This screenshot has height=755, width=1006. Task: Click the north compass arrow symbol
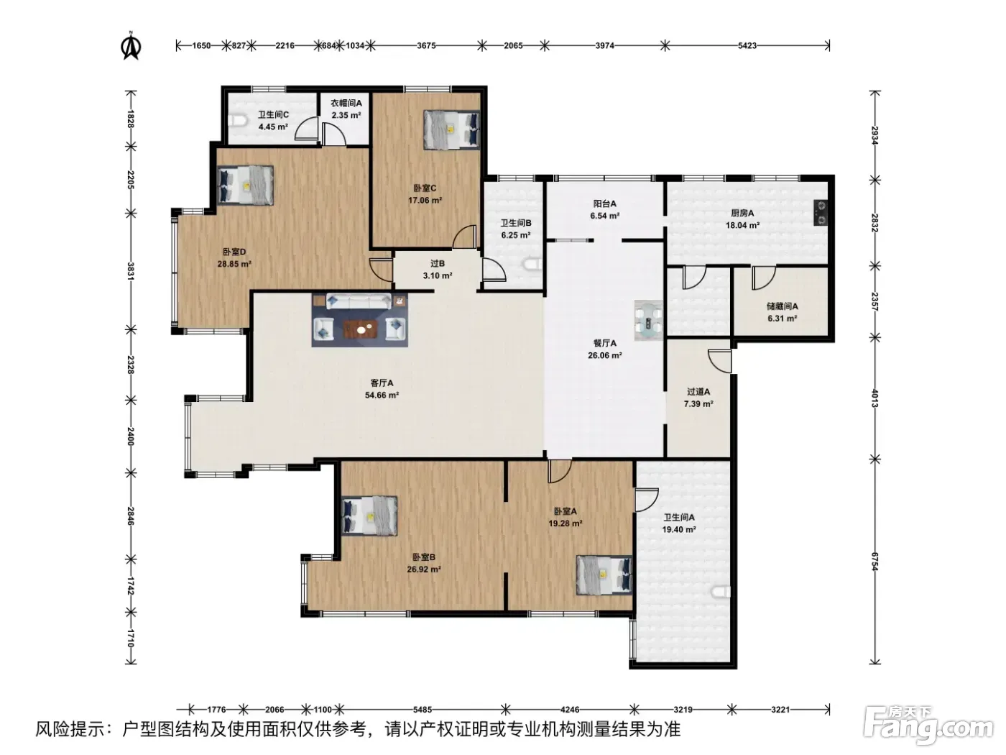click(131, 46)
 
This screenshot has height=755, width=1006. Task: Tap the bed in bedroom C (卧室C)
click(451, 129)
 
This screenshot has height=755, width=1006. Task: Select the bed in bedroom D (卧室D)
click(245, 186)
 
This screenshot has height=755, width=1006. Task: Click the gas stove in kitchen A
click(820, 213)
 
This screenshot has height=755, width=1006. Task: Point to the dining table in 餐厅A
click(649, 321)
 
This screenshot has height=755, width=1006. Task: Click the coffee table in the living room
click(361, 329)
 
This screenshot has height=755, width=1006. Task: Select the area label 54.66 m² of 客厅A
click(382, 395)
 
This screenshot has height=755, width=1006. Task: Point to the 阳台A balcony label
click(605, 203)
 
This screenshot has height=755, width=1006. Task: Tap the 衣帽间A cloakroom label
click(346, 103)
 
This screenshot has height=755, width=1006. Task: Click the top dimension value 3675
click(426, 45)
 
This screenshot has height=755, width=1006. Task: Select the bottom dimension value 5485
click(423, 710)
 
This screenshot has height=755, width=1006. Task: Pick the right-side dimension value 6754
click(875, 562)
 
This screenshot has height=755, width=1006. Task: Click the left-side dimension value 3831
click(131, 271)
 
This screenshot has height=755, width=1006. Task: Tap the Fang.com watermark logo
click(928, 726)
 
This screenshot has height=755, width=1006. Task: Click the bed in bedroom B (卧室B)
click(369, 516)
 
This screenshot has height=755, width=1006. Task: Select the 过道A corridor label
click(698, 392)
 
